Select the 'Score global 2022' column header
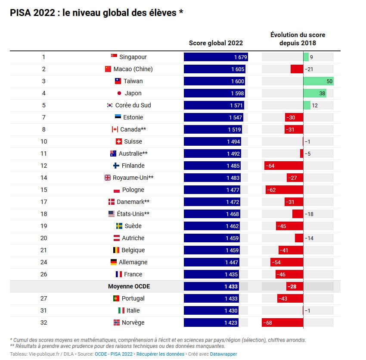pos(216,43)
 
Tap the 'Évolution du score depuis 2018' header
pos(298,39)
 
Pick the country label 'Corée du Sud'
pos(133,105)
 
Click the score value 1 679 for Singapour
pos(240,57)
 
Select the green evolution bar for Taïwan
pos(318,81)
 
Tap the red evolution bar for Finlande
pos(284,166)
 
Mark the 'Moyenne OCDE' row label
pos(129,286)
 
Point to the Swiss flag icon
pos(119,141)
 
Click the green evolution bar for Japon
pos(314,93)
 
